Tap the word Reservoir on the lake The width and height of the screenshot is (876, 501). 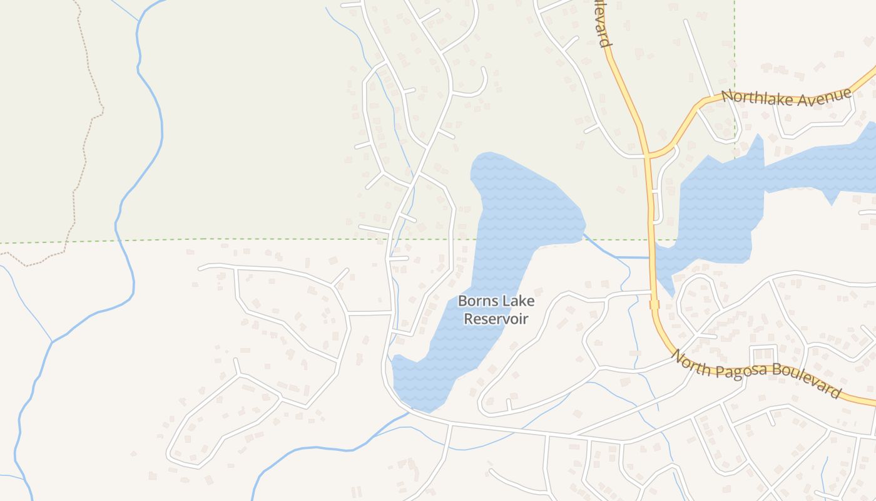pos(496,319)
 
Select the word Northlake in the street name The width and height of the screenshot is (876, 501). pos(752,98)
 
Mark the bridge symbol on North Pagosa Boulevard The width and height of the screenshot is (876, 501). pos(654,304)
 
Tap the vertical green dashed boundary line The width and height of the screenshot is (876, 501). pos(735,63)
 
